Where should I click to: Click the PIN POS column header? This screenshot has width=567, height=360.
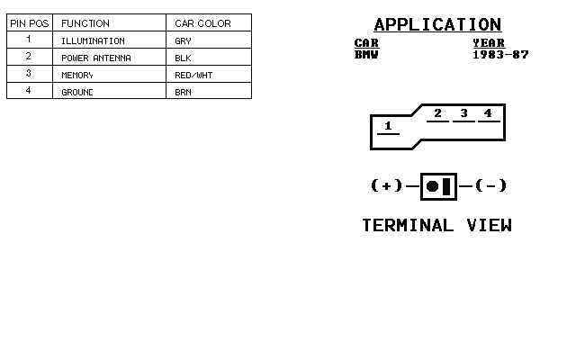[x=29, y=23]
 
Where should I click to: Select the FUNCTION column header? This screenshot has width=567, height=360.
[x=85, y=23]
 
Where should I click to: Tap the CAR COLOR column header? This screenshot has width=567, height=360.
[x=202, y=23]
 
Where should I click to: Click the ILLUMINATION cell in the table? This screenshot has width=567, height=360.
[x=93, y=41]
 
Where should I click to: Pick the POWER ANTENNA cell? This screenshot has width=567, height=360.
[x=96, y=58]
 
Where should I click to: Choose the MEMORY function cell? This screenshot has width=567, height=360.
[x=77, y=75]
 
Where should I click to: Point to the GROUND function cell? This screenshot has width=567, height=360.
[x=77, y=92]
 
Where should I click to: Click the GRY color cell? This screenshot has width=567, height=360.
[x=184, y=41]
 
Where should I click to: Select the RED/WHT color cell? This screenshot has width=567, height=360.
[x=193, y=75]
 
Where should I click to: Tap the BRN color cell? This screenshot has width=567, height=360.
[x=184, y=92]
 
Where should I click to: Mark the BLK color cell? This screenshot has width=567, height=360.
[x=184, y=58]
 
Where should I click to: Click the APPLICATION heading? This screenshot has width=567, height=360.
[x=437, y=24]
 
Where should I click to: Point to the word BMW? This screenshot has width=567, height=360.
[x=366, y=55]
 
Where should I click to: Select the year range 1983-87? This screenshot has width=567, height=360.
[x=500, y=55]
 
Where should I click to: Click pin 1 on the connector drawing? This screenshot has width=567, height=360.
[x=388, y=126]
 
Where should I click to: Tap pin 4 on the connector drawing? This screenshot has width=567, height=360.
[x=488, y=113]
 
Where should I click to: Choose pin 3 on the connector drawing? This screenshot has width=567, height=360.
[x=463, y=113]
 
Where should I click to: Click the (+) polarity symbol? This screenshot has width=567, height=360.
[x=386, y=185]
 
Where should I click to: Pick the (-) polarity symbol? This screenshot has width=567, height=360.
[x=491, y=185]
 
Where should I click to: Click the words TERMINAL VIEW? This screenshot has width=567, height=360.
[x=436, y=225]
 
